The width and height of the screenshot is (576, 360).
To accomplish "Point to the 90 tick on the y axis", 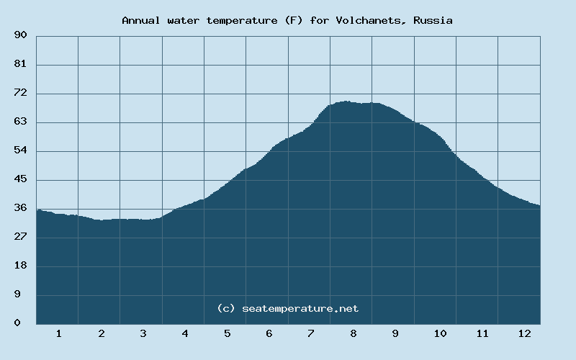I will pos(20,35).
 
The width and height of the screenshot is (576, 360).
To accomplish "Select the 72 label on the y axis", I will pos(20,93).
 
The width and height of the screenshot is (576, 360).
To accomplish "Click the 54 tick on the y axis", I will pos(20,150).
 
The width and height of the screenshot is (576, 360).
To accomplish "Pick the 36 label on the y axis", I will pos(20,208).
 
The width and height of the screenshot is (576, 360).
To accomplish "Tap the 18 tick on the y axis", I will pos(20,266).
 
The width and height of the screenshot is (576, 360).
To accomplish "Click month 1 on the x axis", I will pos(58,333).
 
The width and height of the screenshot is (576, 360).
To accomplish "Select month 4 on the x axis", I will pos(185,333).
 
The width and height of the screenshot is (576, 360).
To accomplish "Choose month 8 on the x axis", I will pos(354,333).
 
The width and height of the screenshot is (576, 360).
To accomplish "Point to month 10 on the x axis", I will pos(440,333).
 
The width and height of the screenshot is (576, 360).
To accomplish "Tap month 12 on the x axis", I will pos(524,333).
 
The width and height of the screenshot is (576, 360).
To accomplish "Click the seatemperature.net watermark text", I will pos(300,308).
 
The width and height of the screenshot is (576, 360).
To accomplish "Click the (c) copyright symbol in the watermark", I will pos(226,308).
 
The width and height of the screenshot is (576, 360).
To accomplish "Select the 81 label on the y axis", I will pos(20,64).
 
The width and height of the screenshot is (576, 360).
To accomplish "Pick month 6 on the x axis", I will pos(269,333).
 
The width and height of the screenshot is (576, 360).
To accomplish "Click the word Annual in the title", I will pos(142,20).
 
